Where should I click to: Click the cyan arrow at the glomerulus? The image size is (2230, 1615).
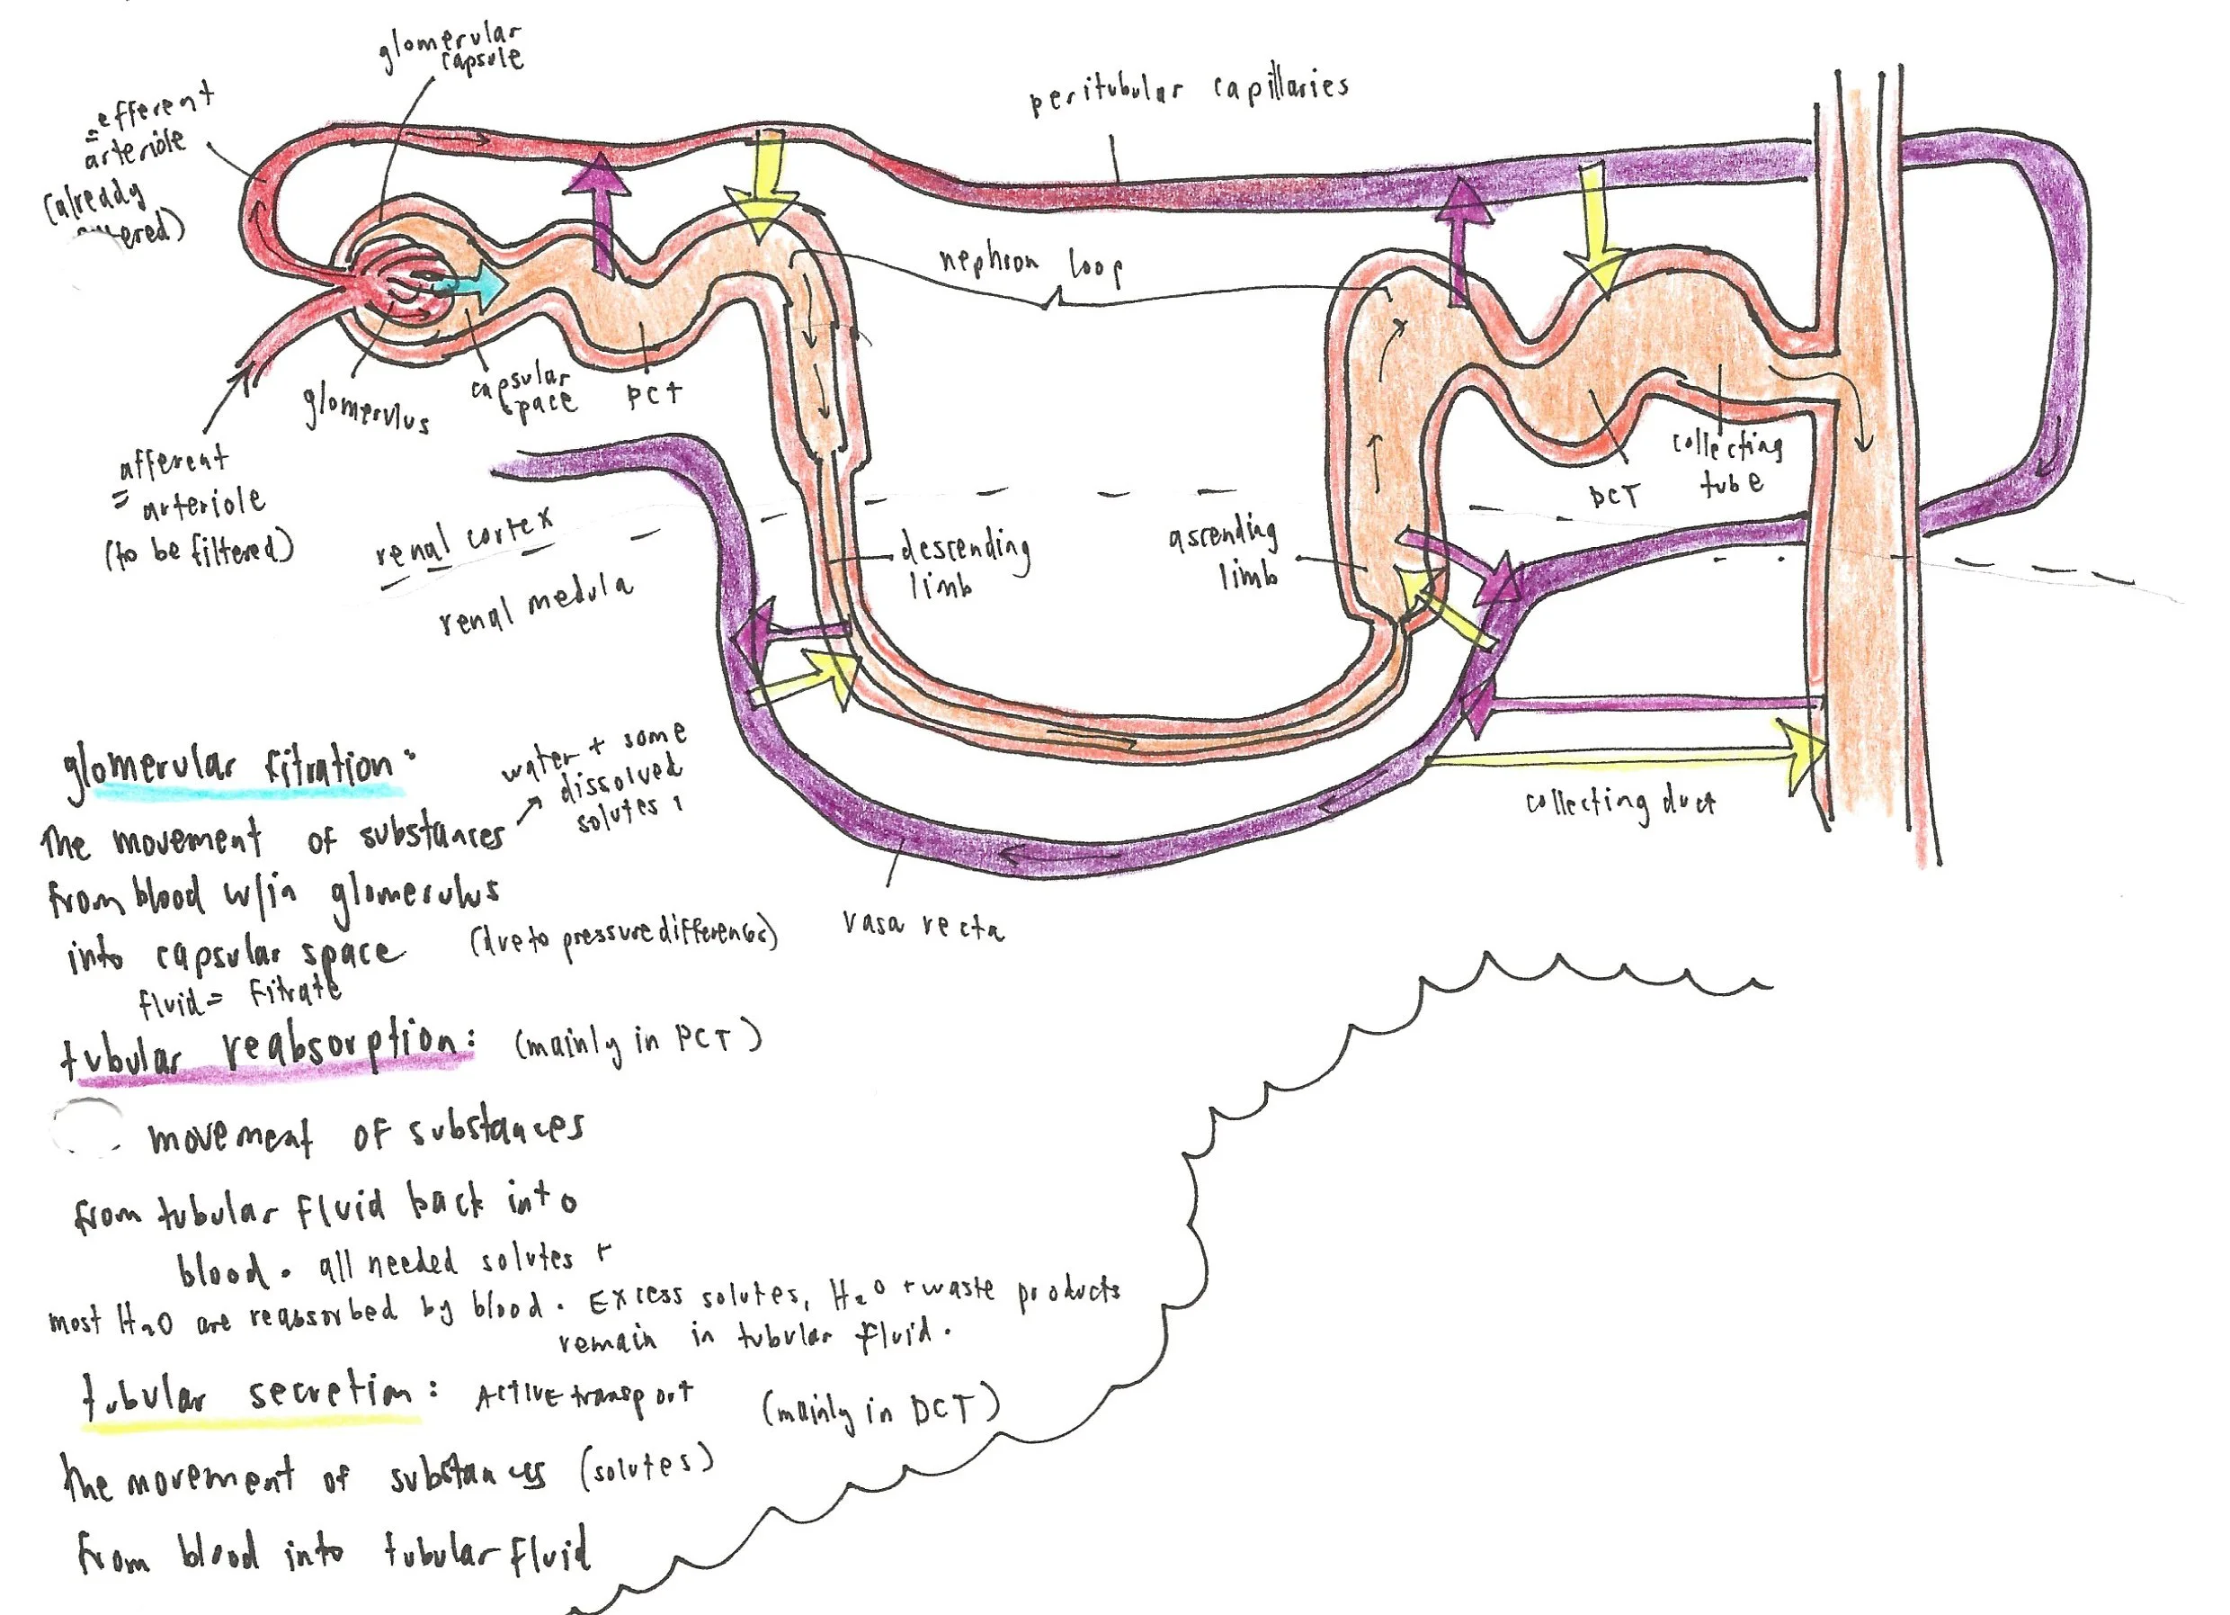pyautogui.click(x=470, y=284)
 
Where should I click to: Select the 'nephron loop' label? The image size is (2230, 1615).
pyautogui.click(x=1030, y=265)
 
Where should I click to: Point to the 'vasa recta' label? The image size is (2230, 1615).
pyautogui.click(x=923, y=926)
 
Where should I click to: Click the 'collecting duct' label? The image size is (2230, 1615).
pyautogui.click(x=1619, y=803)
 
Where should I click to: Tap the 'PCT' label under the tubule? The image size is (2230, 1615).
pyautogui.click(x=654, y=393)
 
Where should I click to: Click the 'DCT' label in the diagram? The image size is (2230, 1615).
pyautogui.click(x=1613, y=495)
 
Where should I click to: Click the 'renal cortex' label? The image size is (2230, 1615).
pyautogui.click(x=464, y=536)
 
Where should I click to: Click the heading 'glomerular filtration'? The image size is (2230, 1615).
pyautogui.click(x=231, y=767)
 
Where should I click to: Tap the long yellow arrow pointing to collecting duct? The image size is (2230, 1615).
pyautogui.click(x=1622, y=756)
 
